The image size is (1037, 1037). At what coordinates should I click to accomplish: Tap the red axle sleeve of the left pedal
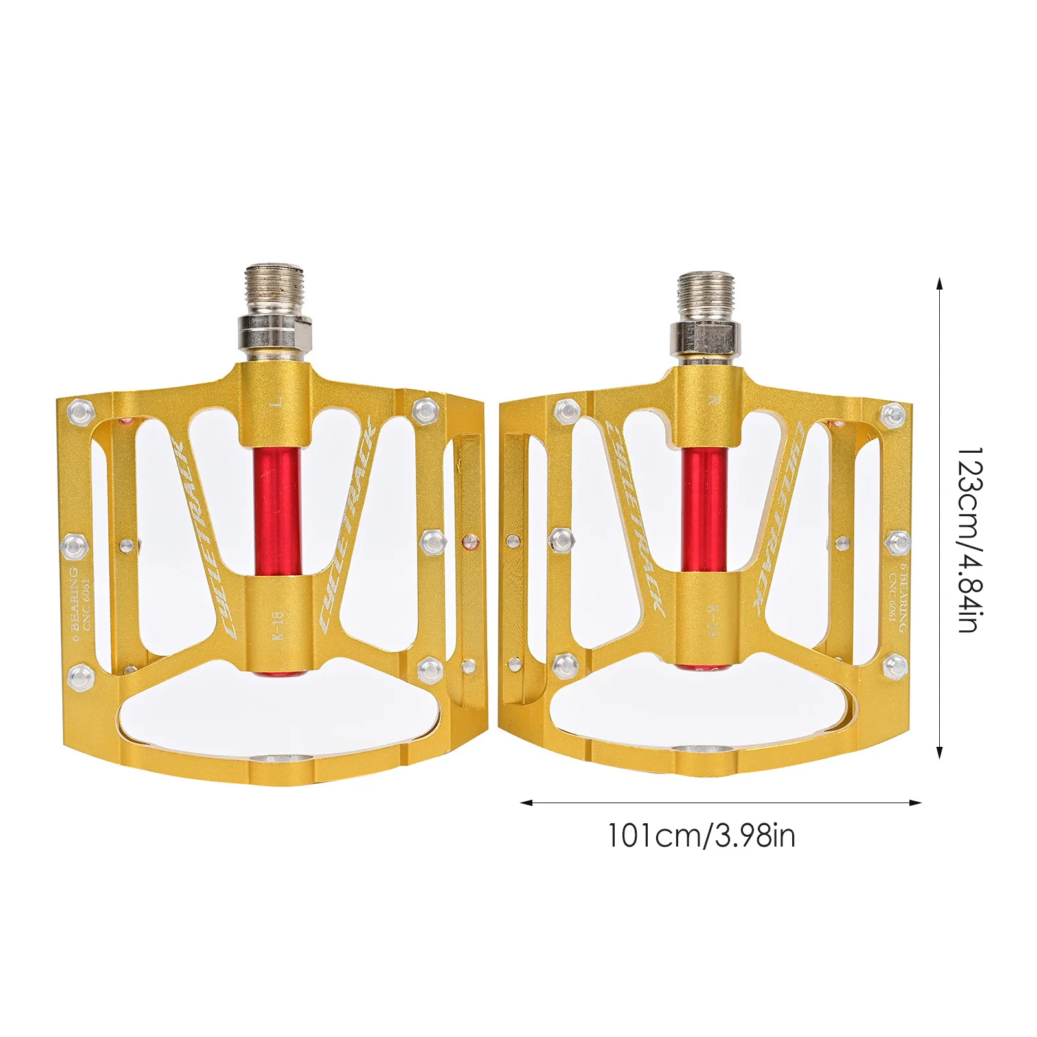(277, 512)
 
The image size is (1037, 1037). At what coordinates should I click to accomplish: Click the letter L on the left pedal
(277, 403)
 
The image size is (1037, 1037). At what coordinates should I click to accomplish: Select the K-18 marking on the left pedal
(277, 626)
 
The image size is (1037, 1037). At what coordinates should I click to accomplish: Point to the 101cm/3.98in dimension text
(701, 836)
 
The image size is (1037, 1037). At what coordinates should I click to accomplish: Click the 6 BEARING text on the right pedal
(902, 597)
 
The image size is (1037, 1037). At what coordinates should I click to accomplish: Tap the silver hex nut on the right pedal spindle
(703, 337)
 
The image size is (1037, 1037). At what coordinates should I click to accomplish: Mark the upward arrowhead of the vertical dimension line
(939, 283)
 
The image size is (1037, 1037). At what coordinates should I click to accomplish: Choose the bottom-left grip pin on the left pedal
(81, 677)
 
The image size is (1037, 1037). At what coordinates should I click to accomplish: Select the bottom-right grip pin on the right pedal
(895, 665)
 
